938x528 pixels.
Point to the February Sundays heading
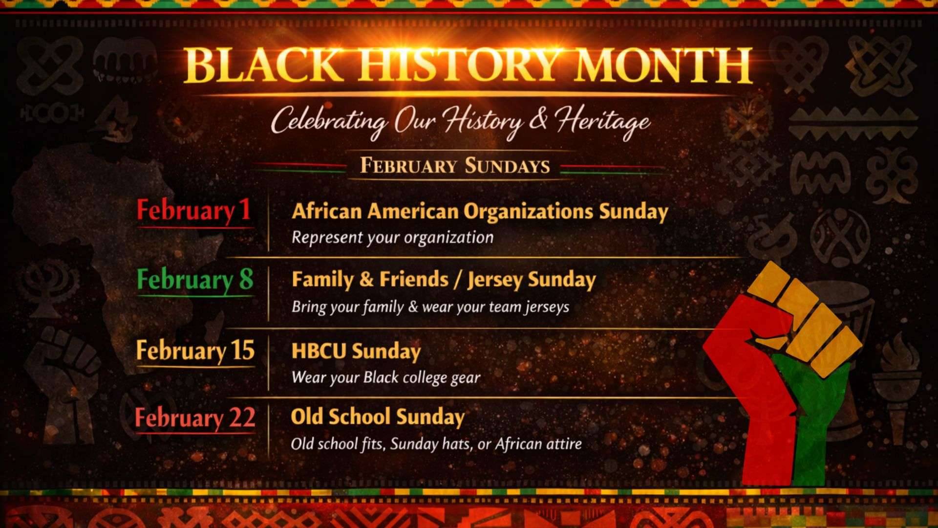point(455,165)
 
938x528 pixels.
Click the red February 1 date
point(193,211)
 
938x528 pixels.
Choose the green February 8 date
point(195,280)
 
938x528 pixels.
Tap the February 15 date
point(195,351)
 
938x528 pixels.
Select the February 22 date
point(195,418)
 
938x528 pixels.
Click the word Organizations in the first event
point(528,211)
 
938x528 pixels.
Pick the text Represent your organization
point(392,238)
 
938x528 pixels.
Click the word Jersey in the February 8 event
point(495,280)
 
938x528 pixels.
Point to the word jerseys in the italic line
point(547,307)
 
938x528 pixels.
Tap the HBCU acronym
point(319,351)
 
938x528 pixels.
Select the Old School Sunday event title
point(378,417)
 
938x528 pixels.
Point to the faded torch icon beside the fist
point(897,386)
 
